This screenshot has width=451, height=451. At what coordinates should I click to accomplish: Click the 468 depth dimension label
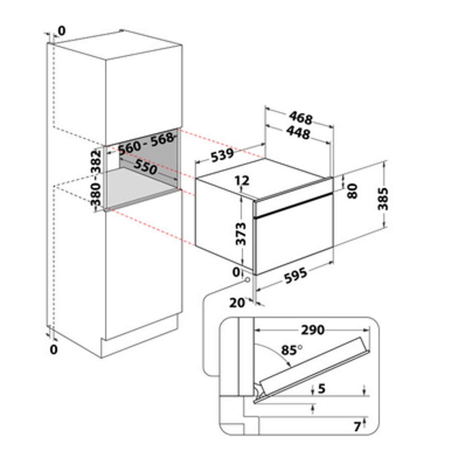pos(300,118)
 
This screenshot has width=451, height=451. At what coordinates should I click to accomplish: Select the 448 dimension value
pos(298,133)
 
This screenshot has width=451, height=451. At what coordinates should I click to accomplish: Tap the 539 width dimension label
pos(222,155)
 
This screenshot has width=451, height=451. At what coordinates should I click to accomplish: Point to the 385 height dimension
pos(383,199)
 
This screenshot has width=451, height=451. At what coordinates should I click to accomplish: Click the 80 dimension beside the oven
pos(352,191)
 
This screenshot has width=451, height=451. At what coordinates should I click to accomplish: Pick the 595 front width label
pos(295,275)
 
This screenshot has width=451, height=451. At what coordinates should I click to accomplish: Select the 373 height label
pos(241,234)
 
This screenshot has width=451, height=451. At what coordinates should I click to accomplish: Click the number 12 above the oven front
pos(242,181)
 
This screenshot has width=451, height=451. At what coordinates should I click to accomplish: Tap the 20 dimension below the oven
pos(237,303)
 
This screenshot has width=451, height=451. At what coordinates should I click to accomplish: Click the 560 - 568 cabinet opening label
pos(146,144)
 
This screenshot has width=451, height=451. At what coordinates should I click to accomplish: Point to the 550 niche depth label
pos(145,167)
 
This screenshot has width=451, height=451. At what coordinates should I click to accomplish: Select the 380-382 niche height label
pos(96,178)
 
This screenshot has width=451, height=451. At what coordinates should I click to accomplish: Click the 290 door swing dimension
pos(313,330)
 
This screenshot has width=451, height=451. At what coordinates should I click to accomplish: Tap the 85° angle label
pos(291,350)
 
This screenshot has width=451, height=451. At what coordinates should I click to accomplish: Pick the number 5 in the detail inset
pos(322,389)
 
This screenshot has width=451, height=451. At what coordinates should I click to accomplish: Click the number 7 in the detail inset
pos(357,427)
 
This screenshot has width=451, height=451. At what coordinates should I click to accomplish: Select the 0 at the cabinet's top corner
pos(62,31)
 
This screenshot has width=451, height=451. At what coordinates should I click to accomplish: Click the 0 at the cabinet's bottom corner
pos(54,350)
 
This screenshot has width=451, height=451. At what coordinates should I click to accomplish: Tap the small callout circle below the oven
pos(247,280)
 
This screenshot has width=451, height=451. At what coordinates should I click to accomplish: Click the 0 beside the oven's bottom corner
pos(236,272)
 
